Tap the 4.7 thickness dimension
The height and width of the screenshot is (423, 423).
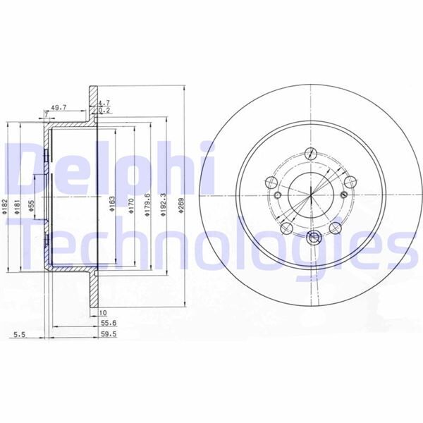(104, 103)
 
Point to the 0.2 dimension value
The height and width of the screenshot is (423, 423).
(104, 111)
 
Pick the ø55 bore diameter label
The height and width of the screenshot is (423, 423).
(31, 207)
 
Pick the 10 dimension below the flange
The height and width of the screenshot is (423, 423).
(102, 312)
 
